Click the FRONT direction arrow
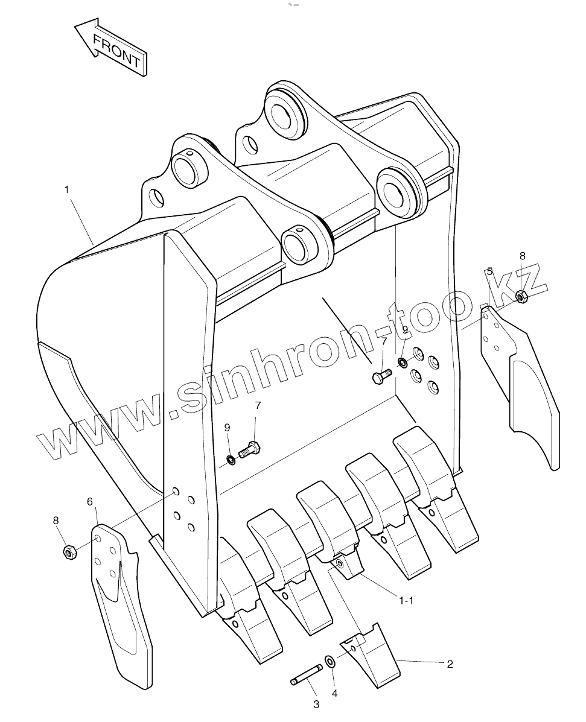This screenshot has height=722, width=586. [112, 49]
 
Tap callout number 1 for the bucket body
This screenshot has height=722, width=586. [66, 189]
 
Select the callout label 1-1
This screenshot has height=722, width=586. [406, 600]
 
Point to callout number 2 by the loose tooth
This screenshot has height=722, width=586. [450, 664]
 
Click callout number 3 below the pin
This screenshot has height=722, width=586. [316, 704]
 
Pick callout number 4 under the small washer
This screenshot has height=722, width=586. [334, 694]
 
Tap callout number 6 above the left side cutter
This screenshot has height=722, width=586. [90, 501]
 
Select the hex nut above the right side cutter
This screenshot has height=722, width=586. [522, 296]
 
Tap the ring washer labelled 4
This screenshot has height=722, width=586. [331, 661]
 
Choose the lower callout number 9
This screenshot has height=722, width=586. [227, 427]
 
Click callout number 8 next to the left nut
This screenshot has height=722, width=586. [56, 520]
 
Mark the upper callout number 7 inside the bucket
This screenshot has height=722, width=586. [384, 342]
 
